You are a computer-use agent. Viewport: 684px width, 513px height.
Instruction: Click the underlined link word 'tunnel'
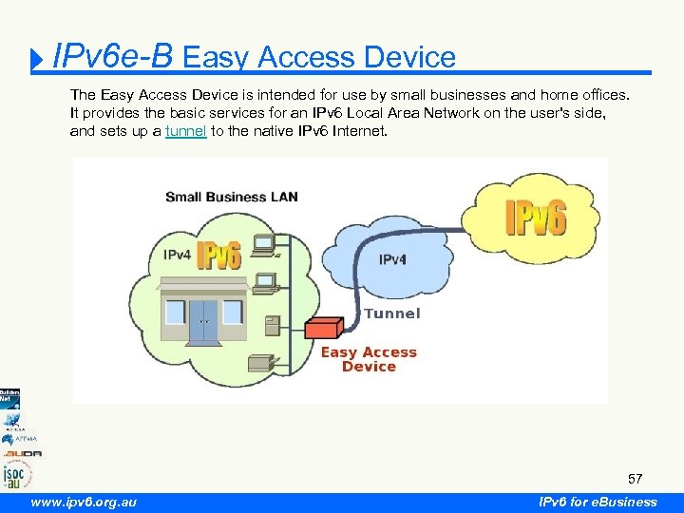pos(185,131)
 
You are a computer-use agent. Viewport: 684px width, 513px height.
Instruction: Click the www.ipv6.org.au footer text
pos(84,502)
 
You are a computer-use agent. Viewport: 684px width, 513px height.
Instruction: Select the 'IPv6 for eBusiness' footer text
pos(597,502)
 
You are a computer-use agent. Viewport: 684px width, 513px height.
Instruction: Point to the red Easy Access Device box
pos(323,328)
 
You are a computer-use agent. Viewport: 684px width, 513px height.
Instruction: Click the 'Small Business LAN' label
pos(232,197)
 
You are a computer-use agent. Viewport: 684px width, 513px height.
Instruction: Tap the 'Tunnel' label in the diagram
pos(391,313)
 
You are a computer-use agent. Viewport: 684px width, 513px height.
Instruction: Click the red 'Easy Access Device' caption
pos(369,359)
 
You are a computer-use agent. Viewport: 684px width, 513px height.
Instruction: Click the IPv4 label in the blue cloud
pos(394,259)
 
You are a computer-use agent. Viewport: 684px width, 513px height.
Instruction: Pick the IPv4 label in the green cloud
pos(179,255)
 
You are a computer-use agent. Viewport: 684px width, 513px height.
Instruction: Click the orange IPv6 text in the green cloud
pos(218,256)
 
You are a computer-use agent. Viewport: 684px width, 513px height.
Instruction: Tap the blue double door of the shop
pos(203,321)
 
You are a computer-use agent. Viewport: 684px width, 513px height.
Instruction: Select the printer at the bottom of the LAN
pos(258,362)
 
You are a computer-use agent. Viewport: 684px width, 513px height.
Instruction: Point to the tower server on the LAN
pos(273,325)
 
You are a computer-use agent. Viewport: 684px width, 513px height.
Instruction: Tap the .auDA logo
pos(20,453)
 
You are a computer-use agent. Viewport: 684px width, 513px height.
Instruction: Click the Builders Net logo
pos(9,399)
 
